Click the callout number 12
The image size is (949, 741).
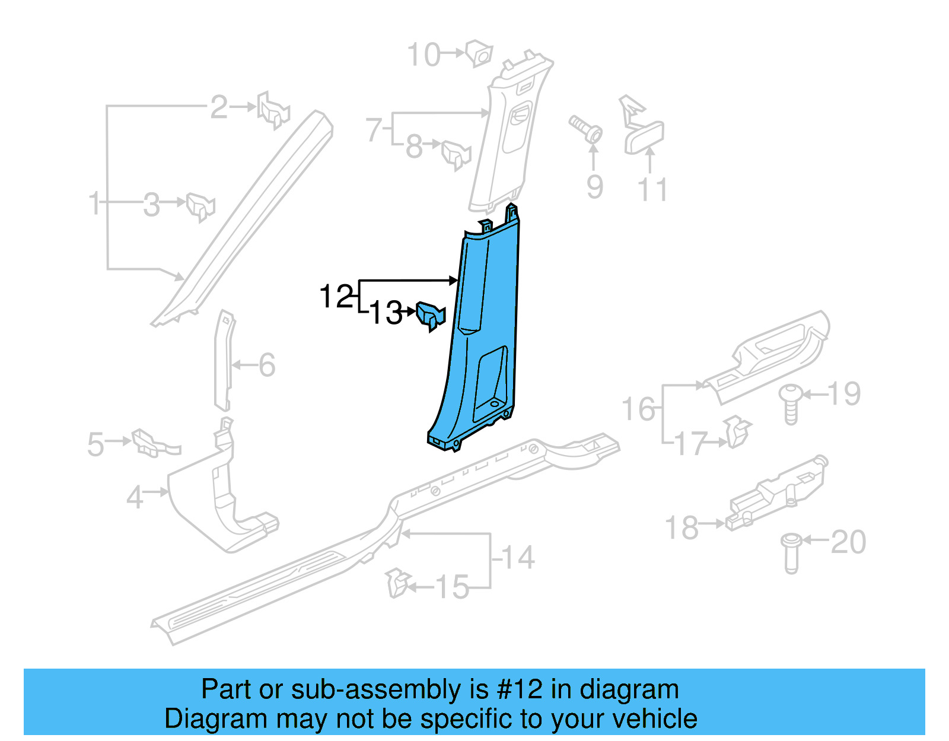336,296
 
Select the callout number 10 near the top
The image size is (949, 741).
423,55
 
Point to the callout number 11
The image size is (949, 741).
652,190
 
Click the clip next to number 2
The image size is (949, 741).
273,112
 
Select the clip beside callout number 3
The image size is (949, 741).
200,206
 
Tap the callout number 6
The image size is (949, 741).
267,365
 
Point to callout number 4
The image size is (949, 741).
135,497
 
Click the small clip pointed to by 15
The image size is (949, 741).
397,583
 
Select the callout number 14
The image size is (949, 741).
517,558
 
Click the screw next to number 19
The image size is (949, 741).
791,403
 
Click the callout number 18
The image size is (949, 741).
682,527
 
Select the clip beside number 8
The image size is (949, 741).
456,154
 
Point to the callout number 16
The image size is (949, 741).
638,409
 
